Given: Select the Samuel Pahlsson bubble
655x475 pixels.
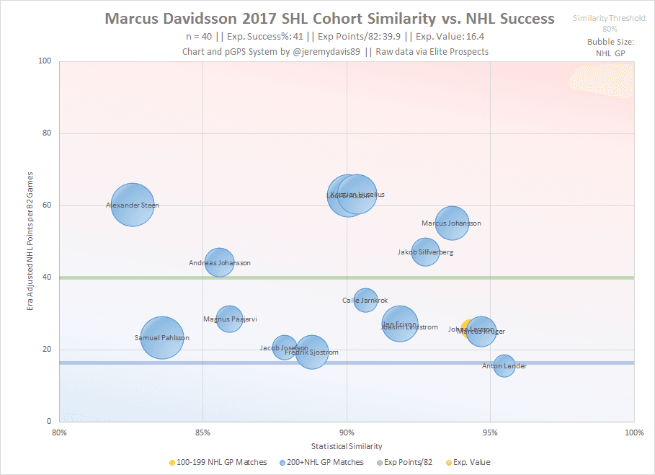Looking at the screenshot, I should click(162, 338).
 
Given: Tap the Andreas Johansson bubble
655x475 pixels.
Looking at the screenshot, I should click(220, 263).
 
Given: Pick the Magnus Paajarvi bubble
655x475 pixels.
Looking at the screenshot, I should click(230, 319).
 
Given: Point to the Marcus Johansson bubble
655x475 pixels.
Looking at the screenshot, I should click(452, 223).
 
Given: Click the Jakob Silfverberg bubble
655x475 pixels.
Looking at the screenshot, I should click(426, 252).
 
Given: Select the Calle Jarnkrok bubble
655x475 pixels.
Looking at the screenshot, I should click(365, 300).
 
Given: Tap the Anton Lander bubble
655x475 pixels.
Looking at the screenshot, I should click(504, 366).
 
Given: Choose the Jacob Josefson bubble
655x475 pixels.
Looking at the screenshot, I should click(285, 348).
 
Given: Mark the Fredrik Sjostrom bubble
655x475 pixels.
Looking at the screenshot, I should click(311, 352).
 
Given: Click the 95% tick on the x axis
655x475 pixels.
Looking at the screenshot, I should click(490, 432).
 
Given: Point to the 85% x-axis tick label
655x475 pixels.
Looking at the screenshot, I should click(202, 432).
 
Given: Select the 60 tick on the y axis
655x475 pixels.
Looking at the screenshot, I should click(48, 205).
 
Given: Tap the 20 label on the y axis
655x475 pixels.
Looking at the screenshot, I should click(48, 350).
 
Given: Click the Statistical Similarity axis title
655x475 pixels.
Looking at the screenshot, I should click(347, 447).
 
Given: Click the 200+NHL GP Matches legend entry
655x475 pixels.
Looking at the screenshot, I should click(328, 462).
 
